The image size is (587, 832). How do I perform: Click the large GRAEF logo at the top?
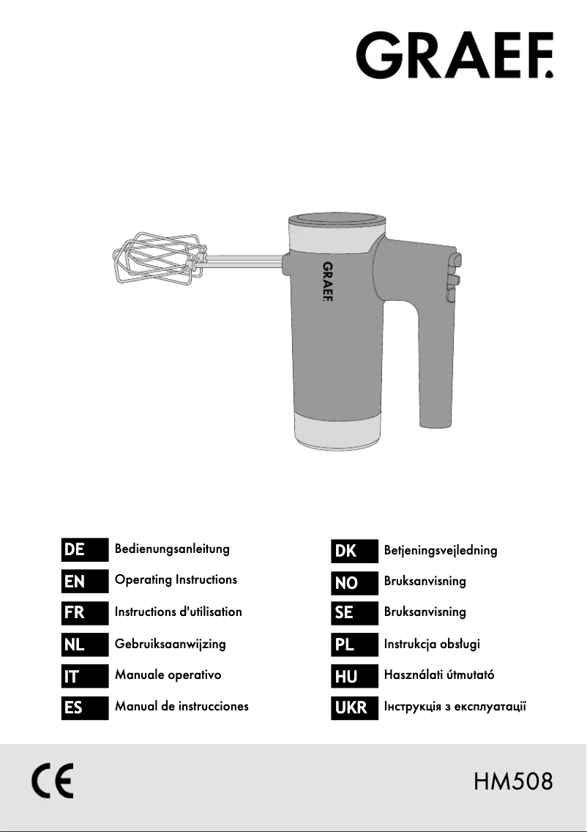(455, 55)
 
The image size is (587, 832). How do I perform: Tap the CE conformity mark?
(53, 781)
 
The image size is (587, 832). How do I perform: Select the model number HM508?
(513, 781)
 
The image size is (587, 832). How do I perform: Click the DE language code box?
(85, 549)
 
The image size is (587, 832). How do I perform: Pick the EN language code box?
(85, 581)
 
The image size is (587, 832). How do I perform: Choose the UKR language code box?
(354, 707)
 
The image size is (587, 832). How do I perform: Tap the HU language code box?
(354, 676)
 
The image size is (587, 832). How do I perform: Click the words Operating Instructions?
(176, 579)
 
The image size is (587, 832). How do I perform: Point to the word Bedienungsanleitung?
(172, 549)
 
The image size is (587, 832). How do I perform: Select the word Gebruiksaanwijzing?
(171, 644)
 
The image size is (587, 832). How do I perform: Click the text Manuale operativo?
(168, 675)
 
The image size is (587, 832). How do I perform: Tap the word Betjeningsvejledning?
(441, 550)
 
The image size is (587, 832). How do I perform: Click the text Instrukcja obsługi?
(432, 644)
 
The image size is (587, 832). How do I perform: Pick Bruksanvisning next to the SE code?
(425, 612)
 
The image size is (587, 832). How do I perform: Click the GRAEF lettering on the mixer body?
(328, 281)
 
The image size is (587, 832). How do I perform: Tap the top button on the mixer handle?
(455, 261)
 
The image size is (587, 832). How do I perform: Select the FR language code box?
(85, 612)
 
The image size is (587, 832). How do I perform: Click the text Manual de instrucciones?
(182, 706)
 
